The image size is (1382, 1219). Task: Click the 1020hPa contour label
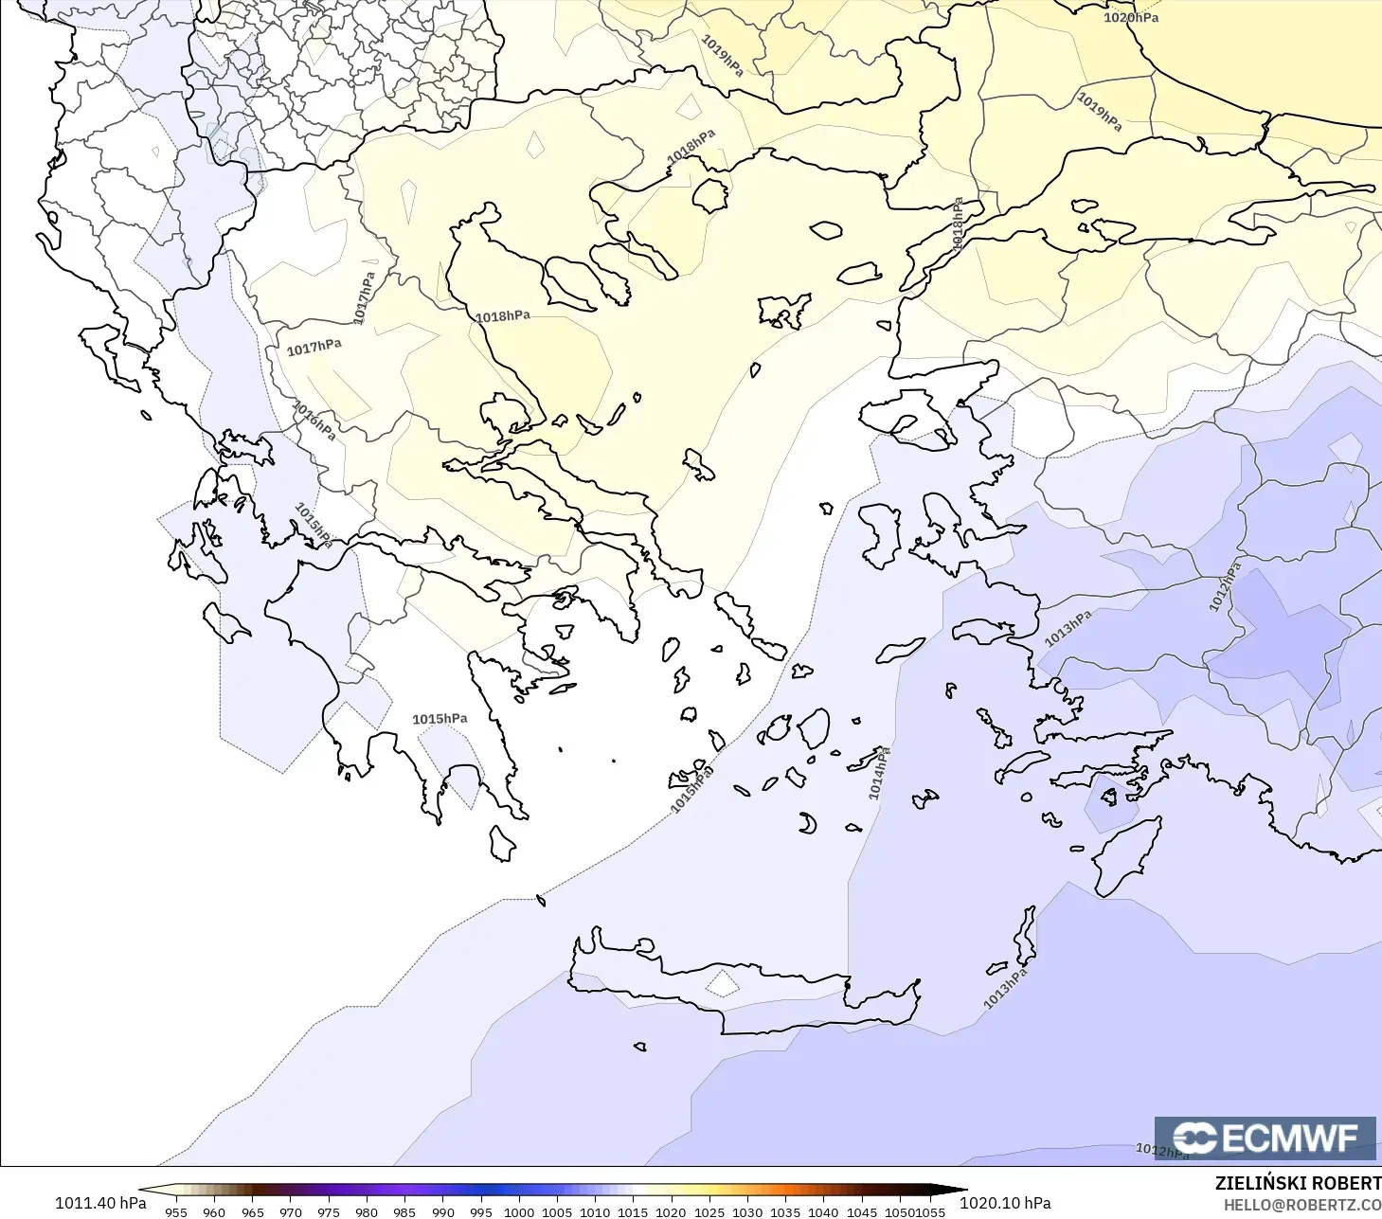[x=1130, y=17]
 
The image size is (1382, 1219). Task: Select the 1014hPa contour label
[x=879, y=773]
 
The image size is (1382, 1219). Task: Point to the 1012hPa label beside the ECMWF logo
[x=1161, y=1151]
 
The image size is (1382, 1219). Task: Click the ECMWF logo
[x=1265, y=1138]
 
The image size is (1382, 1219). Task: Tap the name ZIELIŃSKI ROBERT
[x=1298, y=1183]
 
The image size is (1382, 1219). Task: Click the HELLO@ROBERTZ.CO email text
[x=1301, y=1205]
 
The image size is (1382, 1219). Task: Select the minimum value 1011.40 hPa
[x=100, y=1203]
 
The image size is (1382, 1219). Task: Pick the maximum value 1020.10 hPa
[x=1005, y=1203]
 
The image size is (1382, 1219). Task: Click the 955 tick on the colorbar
[x=176, y=1211]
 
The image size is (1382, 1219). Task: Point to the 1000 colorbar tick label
[x=519, y=1211]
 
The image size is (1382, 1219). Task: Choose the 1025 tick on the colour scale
[x=709, y=1211]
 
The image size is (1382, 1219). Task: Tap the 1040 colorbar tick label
[x=823, y=1211]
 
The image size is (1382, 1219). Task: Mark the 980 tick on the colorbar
[x=367, y=1211]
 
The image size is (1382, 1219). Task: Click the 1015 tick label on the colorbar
[x=633, y=1211]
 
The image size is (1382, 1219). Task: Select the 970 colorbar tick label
[x=291, y=1211]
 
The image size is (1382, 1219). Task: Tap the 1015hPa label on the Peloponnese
[x=440, y=719]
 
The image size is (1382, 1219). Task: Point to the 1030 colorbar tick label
[x=747, y=1211]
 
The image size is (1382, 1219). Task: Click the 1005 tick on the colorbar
[x=557, y=1211]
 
